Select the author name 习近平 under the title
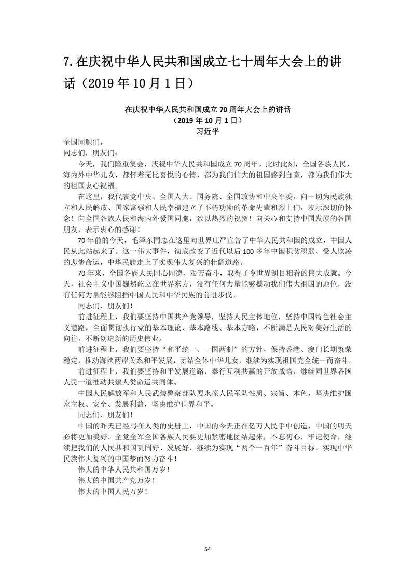(x=208, y=131)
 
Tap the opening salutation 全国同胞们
(x=80, y=141)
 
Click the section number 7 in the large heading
(x=66, y=62)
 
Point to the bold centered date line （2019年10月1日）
(x=208, y=120)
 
